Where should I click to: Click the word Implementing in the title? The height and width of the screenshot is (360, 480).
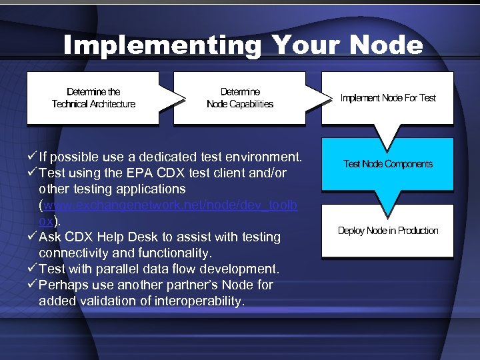(x=162, y=45)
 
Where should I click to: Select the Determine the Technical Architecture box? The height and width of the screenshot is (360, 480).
(x=93, y=98)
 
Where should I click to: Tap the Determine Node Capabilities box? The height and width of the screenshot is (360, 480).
(x=240, y=98)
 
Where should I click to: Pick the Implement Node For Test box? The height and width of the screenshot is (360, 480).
(x=387, y=98)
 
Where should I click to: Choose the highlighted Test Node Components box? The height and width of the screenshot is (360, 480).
(x=387, y=164)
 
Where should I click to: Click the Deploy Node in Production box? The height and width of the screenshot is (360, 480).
(x=387, y=231)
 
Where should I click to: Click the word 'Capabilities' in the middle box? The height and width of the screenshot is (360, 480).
(x=251, y=104)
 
